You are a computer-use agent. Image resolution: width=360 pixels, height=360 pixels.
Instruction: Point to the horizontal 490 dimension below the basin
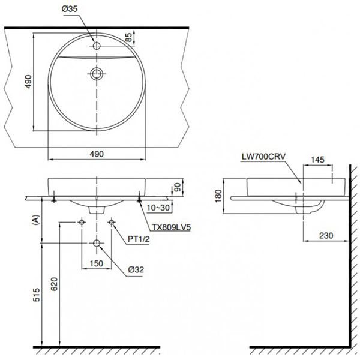click(97, 154)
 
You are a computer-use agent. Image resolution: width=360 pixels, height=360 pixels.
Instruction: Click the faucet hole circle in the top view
click(97, 45)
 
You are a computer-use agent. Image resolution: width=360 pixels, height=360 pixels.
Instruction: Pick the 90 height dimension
click(178, 187)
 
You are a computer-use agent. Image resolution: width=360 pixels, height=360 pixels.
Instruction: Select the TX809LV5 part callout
click(170, 228)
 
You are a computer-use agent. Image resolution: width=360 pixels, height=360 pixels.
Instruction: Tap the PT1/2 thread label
click(138, 239)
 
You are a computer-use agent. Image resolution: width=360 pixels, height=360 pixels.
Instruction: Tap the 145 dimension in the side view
click(318, 160)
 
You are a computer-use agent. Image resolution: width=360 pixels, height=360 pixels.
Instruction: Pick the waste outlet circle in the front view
click(97, 243)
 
